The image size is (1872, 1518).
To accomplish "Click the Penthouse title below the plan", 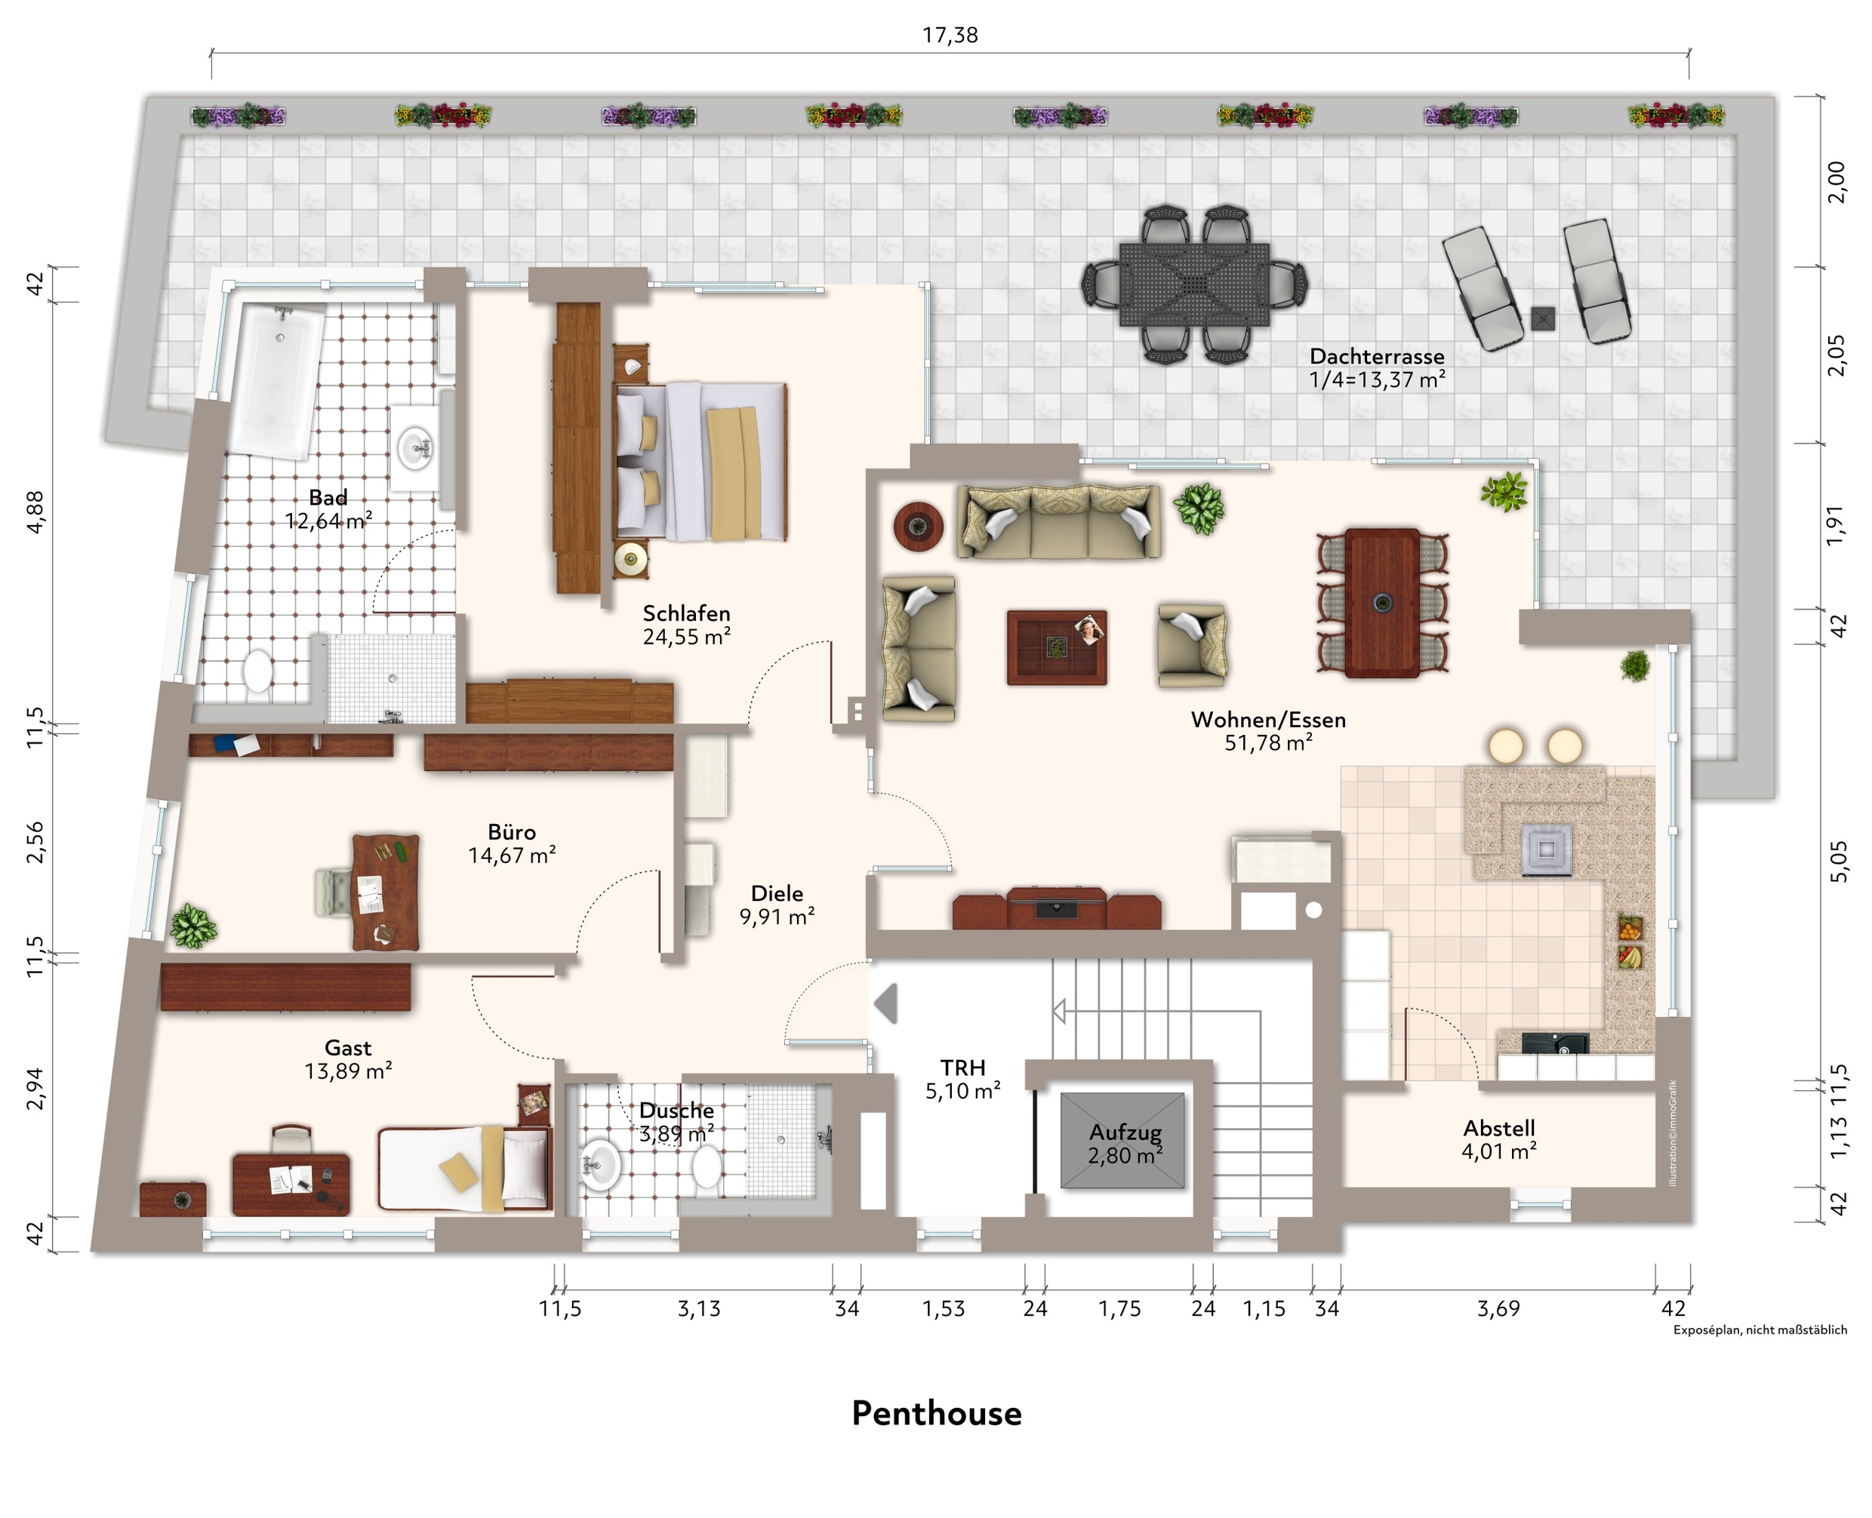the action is click(x=937, y=1414).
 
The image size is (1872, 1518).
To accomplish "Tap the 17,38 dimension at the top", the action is click(x=950, y=35).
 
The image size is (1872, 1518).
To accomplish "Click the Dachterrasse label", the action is click(x=1377, y=357).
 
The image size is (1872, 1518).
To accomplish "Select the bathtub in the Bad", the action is click(x=276, y=379).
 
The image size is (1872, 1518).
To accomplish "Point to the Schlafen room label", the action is click(x=687, y=613).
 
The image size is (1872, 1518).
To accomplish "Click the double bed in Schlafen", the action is click(x=700, y=461).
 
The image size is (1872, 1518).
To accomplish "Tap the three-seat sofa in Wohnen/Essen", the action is click(x=1058, y=521).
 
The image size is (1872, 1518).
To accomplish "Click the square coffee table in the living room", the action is click(x=1057, y=647).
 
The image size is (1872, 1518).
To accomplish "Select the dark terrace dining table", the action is click(x=1194, y=284).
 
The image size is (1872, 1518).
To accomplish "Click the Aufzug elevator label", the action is click(x=1125, y=1132).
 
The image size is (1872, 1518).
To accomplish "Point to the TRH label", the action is click(x=963, y=1068).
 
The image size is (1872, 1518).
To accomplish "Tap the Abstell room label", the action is click(x=1499, y=1128).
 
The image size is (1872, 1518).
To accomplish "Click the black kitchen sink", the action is click(x=1555, y=1043).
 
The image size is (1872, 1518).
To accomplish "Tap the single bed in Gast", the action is click(x=463, y=1168).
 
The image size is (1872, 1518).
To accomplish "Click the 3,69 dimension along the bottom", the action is click(x=1498, y=1309).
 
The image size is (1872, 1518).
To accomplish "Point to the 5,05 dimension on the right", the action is click(x=1839, y=862).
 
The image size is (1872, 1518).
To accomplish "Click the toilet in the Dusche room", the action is click(x=707, y=1167).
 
